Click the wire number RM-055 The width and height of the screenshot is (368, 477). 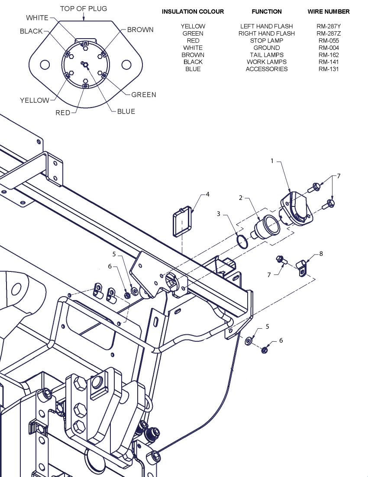(329, 40)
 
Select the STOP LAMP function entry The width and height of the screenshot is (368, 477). (267, 40)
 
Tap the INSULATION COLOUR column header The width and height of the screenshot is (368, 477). (193, 12)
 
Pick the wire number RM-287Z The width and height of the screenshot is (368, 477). (329, 33)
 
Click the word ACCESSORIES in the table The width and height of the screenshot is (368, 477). (267, 69)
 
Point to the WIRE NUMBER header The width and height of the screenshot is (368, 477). (329, 12)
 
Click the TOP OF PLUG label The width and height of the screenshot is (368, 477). (84, 9)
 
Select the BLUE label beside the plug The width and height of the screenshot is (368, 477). (126, 111)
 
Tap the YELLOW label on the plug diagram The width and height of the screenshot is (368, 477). (34, 100)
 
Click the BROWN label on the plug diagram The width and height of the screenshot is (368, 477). (140, 30)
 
